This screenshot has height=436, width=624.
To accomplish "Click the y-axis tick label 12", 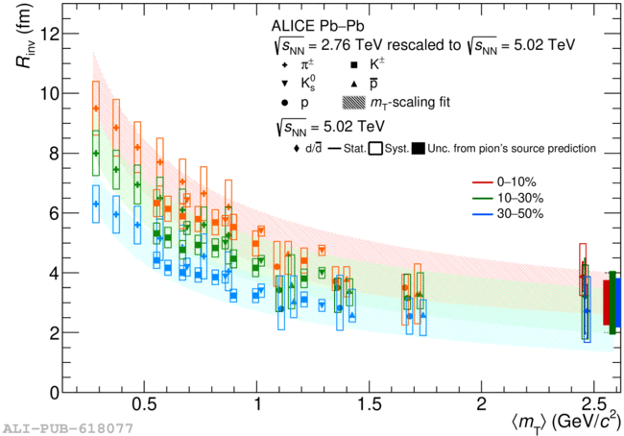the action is point(48,35).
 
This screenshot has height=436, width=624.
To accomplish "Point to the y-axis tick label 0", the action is point(53,393).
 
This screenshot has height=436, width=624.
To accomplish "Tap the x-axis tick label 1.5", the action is point(369,405).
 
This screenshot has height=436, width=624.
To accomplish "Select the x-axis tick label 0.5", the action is point(144,405).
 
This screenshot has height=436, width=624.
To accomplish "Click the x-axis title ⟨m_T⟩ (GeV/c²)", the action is point(565,422).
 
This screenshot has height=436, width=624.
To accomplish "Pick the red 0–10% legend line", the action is point(483,182).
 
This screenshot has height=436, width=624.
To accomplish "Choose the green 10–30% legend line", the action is point(483,198).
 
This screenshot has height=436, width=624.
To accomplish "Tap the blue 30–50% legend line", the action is point(483,214).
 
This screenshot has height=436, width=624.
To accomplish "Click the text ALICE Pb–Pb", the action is point(318,26).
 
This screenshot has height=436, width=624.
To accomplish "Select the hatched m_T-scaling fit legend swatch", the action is point(353,103).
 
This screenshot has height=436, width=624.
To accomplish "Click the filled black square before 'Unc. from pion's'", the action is point(419,149).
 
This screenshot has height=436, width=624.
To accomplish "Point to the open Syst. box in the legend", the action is point(375,149).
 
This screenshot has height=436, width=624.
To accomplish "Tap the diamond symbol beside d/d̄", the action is point(296,149).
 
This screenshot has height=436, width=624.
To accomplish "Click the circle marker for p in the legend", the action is point(284,103).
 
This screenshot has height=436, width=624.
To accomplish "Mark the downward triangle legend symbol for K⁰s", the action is point(284,84).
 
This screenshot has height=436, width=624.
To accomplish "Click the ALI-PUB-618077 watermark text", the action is point(67,428).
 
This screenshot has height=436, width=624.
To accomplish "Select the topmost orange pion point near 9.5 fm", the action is point(96,109).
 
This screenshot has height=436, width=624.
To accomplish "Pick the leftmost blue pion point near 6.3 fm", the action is point(96,204).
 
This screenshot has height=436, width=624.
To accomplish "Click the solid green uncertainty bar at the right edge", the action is point(612,303).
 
